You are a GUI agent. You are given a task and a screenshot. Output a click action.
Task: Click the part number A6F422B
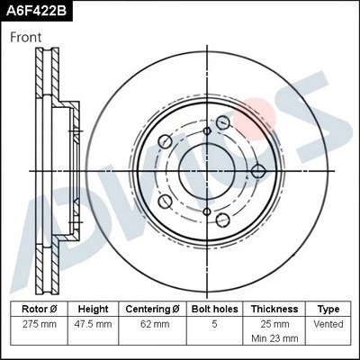coord(36,12)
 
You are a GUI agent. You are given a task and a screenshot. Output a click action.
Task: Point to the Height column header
coord(94,308)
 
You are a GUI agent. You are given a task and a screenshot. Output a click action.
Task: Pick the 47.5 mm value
coord(94,322)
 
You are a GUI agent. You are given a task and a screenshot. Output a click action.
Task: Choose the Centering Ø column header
coord(152,308)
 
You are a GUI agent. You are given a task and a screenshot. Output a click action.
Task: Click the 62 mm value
coord(152,322)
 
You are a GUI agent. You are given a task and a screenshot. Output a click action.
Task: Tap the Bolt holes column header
coord(215,308)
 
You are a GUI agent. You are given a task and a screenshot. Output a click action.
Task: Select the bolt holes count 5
coord(215,322)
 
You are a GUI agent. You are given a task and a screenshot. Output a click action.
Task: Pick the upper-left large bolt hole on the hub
coord(164,142)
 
